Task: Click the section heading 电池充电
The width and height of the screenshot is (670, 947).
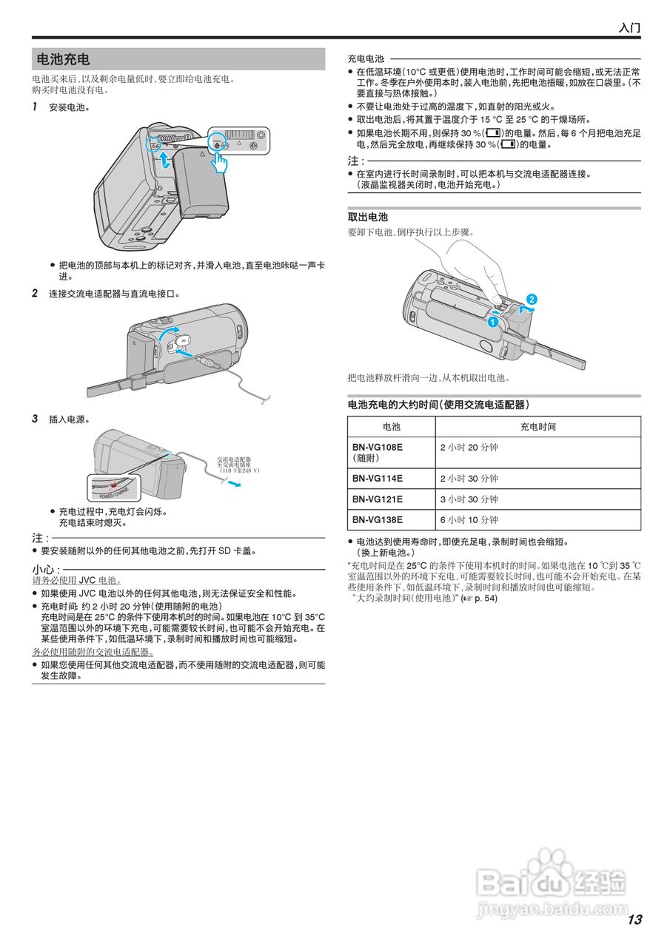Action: click(64, 59)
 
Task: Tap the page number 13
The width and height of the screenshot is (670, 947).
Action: click(634, 920)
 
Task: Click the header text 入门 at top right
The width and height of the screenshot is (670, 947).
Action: click(629, 28)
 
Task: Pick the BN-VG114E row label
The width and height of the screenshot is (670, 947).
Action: click(378, 478)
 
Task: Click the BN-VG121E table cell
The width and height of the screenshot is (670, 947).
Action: click(378, 499)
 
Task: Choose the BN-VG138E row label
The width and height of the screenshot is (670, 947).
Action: click(378, 519)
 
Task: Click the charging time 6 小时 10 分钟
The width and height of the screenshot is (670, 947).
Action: click(469, 519)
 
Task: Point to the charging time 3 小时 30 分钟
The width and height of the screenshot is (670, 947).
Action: click(469, 499)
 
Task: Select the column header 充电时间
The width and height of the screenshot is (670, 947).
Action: click(537, 427)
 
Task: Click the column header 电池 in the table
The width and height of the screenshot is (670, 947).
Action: click(391, 427)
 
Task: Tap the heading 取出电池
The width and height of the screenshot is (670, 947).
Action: click(368, 217)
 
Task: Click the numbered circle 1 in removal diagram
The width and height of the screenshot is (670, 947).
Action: click(491, 323)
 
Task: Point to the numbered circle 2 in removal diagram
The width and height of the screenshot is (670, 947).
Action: click(531, 299)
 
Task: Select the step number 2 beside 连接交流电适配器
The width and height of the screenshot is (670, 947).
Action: click(35, 293)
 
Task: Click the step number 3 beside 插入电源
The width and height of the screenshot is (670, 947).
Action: click(35, 419)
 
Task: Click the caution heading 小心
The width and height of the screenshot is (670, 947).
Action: click(45, 569)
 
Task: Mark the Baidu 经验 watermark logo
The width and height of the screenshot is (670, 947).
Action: click(552, 884)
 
